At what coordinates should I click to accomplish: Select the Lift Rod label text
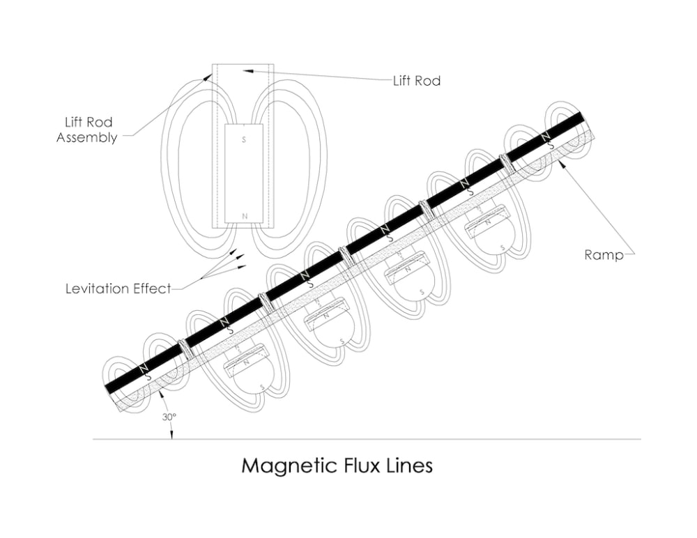pos(416,81)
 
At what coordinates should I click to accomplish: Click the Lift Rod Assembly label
pos(86,130)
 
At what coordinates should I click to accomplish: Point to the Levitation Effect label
pos(118,289)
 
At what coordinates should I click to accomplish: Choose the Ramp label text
pos(603,255)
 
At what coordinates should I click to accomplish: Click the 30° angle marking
pos(169,417)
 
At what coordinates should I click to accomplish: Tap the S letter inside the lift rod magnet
pos(243,140)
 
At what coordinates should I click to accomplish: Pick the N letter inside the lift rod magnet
pos(244,217)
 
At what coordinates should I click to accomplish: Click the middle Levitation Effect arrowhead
pos(240,258)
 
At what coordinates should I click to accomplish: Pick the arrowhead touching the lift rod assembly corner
pos(208,77)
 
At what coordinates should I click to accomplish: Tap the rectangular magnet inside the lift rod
pos(243,174)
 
